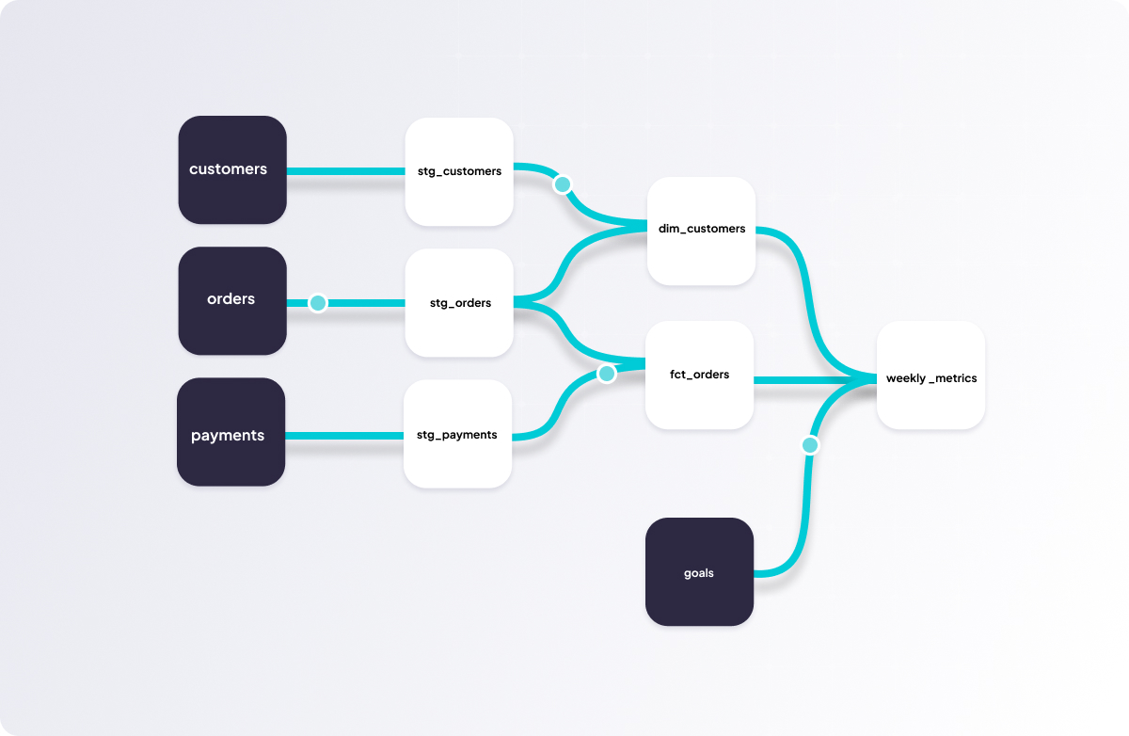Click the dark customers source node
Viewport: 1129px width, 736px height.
pos(232,169)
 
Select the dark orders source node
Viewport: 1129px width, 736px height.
pos(232,300)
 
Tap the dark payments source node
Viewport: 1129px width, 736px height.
pos(231,432)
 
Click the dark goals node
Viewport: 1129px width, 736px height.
pos(699,571)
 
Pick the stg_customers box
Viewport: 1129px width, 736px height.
pos(459,171)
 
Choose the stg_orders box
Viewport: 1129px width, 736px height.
pos(459,302)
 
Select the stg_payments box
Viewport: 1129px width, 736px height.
pos(457,434)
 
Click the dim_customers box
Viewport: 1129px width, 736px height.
pos(702,231)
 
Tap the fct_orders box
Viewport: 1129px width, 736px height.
pos(699,376)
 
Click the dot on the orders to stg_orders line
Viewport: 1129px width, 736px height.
pos(318,303)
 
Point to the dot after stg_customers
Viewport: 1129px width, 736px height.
pos(563,184)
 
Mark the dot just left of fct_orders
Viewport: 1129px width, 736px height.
pos(607,374)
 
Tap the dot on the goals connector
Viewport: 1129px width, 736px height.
pos(810,445)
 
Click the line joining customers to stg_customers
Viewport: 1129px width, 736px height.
pos(345,171)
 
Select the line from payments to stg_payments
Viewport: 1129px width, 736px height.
pos(344,436)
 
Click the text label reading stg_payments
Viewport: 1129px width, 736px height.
pos(457,435)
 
